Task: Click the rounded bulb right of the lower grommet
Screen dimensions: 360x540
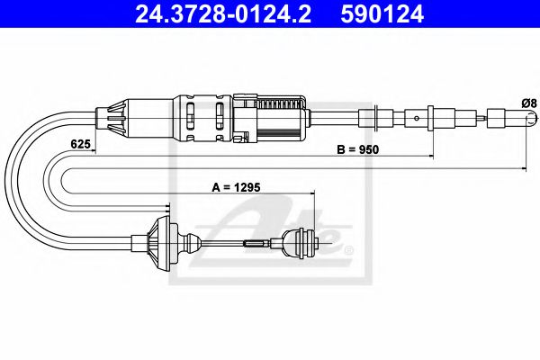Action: coord(190,241)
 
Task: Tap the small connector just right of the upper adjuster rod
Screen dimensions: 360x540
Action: coord(368,117)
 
